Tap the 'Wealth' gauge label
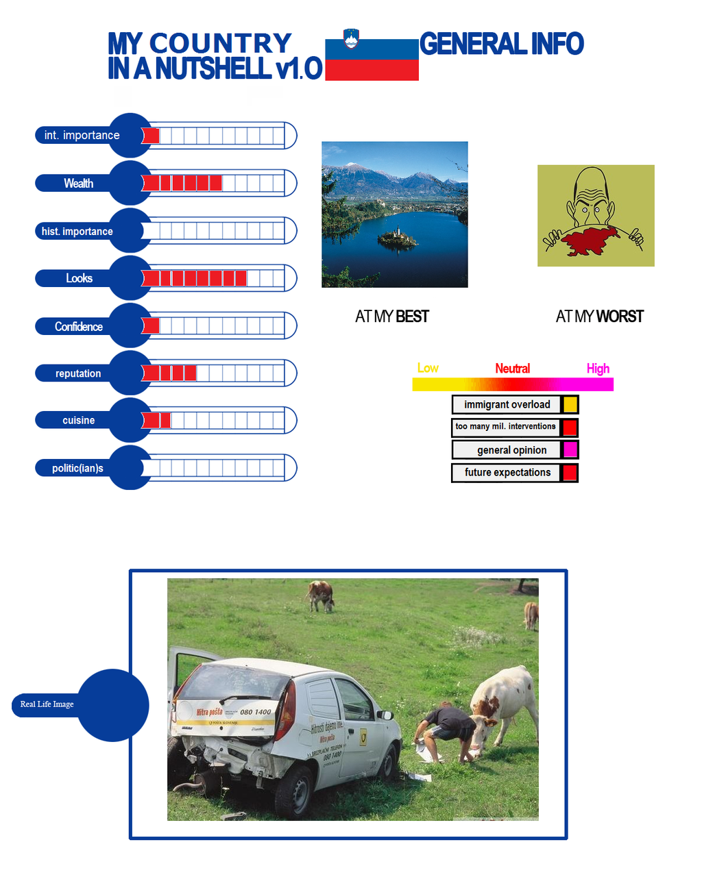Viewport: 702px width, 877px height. click(78, 184)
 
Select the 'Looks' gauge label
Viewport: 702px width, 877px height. click(79, 278)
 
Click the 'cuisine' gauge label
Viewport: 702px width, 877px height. click(78, 421)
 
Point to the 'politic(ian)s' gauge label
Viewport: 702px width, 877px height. click(77, 469)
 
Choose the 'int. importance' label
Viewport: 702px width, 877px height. click(82, 136)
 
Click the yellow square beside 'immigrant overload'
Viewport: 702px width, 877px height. click(570, 404)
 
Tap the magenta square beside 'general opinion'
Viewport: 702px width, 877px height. click(570, 449)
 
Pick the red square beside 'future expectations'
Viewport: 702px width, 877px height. click(570, 473)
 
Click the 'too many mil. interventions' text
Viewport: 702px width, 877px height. click(505, 426)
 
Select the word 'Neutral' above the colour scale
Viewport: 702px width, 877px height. click(512, 369)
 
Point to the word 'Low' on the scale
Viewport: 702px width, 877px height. click(428, 368)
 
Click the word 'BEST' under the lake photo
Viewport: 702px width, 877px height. click(412, 317)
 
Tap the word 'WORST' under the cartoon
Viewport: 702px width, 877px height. click(620, 317)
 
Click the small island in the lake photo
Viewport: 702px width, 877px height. click(396, 238)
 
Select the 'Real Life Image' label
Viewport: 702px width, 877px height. click(47, 704)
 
